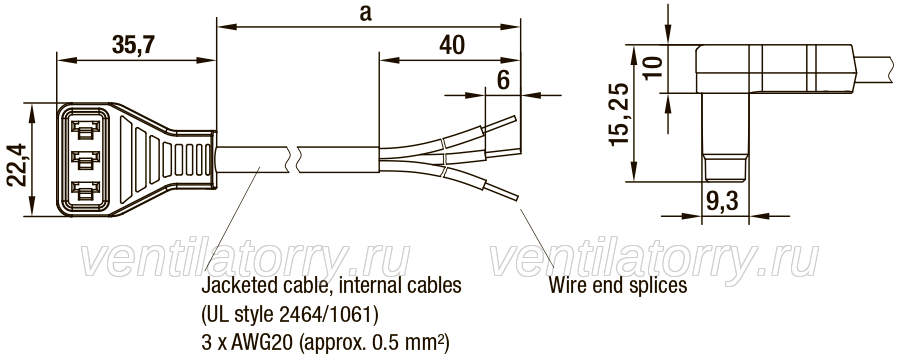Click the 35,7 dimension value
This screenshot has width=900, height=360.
[133, 44]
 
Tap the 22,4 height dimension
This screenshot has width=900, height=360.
[18, 165]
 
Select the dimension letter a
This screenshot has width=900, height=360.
[365, 14]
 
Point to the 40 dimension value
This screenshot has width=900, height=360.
[452, 46]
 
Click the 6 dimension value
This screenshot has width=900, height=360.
[503, 81]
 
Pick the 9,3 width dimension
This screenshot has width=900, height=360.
[720, 202]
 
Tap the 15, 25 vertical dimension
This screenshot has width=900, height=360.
[620, 114]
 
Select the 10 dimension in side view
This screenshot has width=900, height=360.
[654, 68]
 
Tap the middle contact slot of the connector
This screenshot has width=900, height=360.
[85, 159]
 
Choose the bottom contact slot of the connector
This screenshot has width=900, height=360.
[85, 191]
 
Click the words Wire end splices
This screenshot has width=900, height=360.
[618, 285]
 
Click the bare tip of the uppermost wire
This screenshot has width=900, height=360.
[501, 124]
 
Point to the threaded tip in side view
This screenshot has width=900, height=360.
[726, 169]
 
